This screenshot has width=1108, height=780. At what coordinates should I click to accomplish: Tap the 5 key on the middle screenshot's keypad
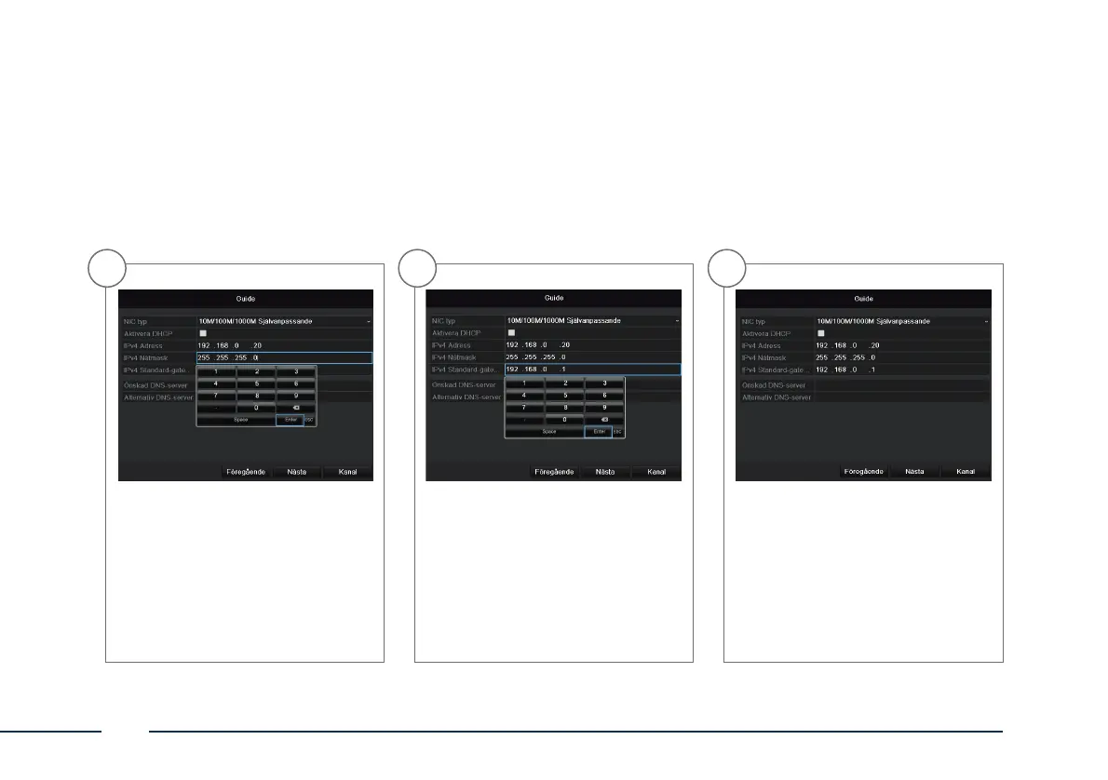pos(564,395)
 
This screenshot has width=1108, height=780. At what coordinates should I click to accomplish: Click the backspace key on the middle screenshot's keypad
pos(604,420)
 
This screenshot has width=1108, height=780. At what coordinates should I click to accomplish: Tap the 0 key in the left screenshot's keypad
pos(256,407)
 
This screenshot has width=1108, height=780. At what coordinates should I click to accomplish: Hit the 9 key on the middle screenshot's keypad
pos(604,407)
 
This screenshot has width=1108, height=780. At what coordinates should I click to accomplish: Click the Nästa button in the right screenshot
pos(914,472)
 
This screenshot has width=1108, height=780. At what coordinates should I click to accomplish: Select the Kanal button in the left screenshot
pos(346,472)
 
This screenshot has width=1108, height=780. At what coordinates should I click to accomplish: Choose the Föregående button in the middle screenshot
pos(555,472)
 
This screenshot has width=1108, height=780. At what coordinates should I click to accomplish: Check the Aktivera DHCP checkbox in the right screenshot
pos(821,333)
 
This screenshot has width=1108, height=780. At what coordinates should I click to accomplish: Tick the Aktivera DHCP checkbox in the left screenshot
pos(203,333)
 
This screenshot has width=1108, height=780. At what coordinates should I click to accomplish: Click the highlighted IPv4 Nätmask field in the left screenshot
pos(283,357)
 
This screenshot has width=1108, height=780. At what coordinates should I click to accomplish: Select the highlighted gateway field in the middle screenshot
pos(591,370)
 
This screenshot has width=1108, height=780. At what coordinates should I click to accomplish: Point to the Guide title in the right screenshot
pos(863,299)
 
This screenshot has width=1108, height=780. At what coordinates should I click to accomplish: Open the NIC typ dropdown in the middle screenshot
pos(591,321)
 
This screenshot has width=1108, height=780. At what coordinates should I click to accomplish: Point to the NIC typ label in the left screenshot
pos(136,321)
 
